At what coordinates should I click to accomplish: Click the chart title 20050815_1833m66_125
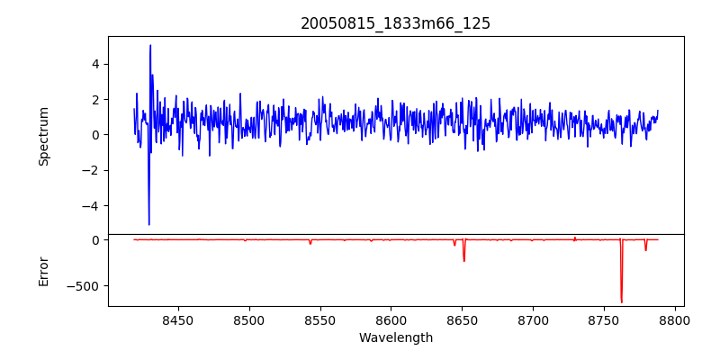(x=395, y=23)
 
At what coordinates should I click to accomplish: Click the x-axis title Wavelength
(x=395, y=338)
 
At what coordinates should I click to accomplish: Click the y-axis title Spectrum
(x=43, y=135)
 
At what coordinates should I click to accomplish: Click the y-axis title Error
(x=43, y=271)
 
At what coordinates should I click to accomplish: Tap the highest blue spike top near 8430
(x=150, y=45)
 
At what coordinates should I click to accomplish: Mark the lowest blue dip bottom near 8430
(x=148, y=224)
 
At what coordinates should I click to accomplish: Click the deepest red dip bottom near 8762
(x=621, y=301)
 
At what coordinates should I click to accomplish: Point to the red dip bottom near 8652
(x=463, y=261)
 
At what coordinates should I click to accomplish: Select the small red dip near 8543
(x=310, y=244)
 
